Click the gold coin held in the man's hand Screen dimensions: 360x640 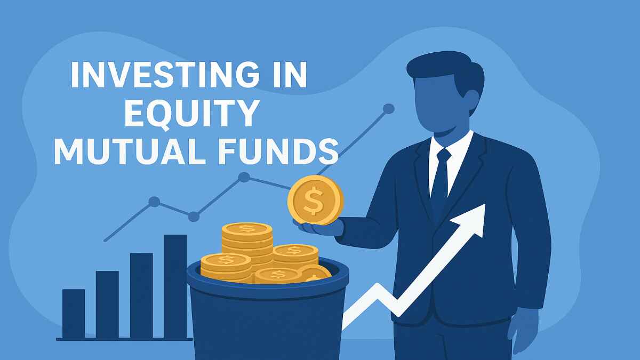[x=315, y=201]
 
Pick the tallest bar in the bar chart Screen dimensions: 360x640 [x=175, y=285]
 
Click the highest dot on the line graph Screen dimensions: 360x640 [x=389, y=109]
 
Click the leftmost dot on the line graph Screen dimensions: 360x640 [x=154, y=202]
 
